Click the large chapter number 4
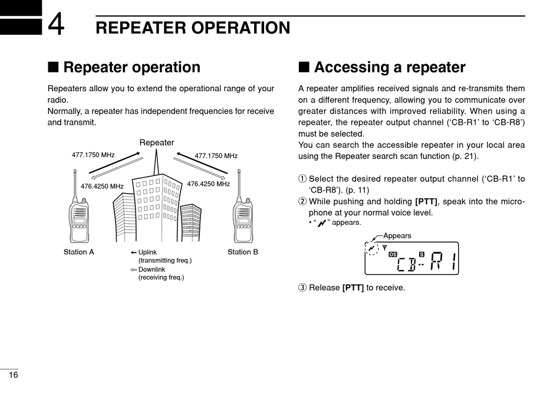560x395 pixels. pyautogui.click(x=56, y=25)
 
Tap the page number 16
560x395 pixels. pyautogui.click(x=13, y=376)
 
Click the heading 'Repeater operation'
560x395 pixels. pyautogui.click(x=131, y=67)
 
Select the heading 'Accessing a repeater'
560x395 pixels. pyautogui.click(x=389, y=67)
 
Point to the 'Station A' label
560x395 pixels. pyautogui.click(x=79, y=252)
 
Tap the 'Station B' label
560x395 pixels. pyautogui.click(x=243, y=252)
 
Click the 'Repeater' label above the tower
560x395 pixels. pyautogui.click(x=157, y=142)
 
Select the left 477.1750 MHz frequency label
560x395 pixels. pyautogui.click(x=93, y=155)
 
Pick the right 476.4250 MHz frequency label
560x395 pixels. pyautogui.click(x=208, y=184)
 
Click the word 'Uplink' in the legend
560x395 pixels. pyautogui.click(x=147, y=253)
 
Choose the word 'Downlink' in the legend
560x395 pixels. pyautogui.click(x=151, y=270)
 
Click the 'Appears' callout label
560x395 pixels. pyautogui.click(x=397, y=235)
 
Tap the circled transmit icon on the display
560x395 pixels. pyautogui.click(x=371, y=248)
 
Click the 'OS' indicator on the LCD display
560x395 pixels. pyautogui.click(x=393, y=254)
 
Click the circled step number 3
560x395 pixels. pyautogui.click(x=302, y=288)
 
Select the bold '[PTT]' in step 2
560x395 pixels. pyautogui.click(x=426, y=201)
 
